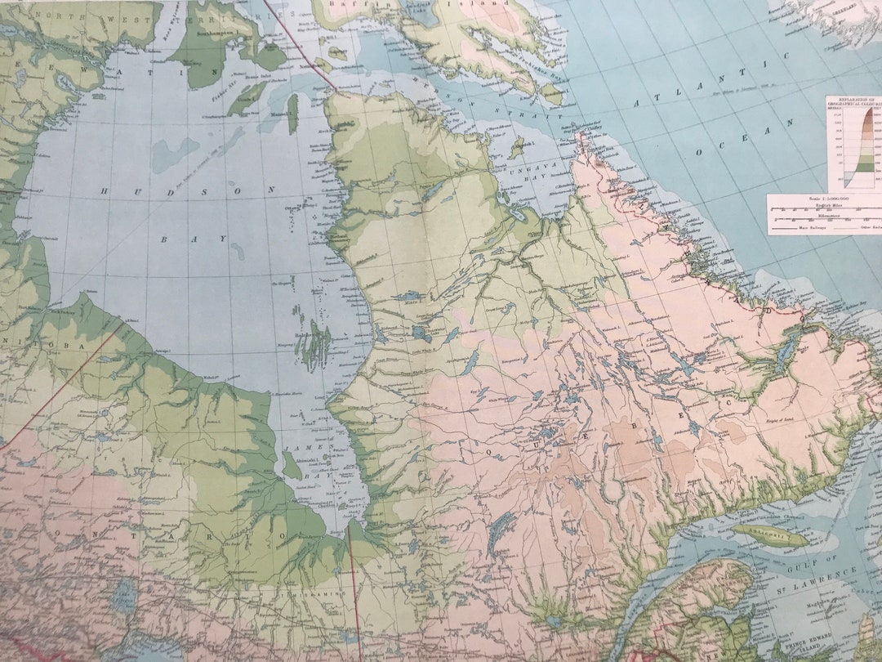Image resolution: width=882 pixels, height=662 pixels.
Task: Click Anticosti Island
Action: [768, 535]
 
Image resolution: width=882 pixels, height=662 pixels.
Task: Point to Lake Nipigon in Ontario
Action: [125, 597]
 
